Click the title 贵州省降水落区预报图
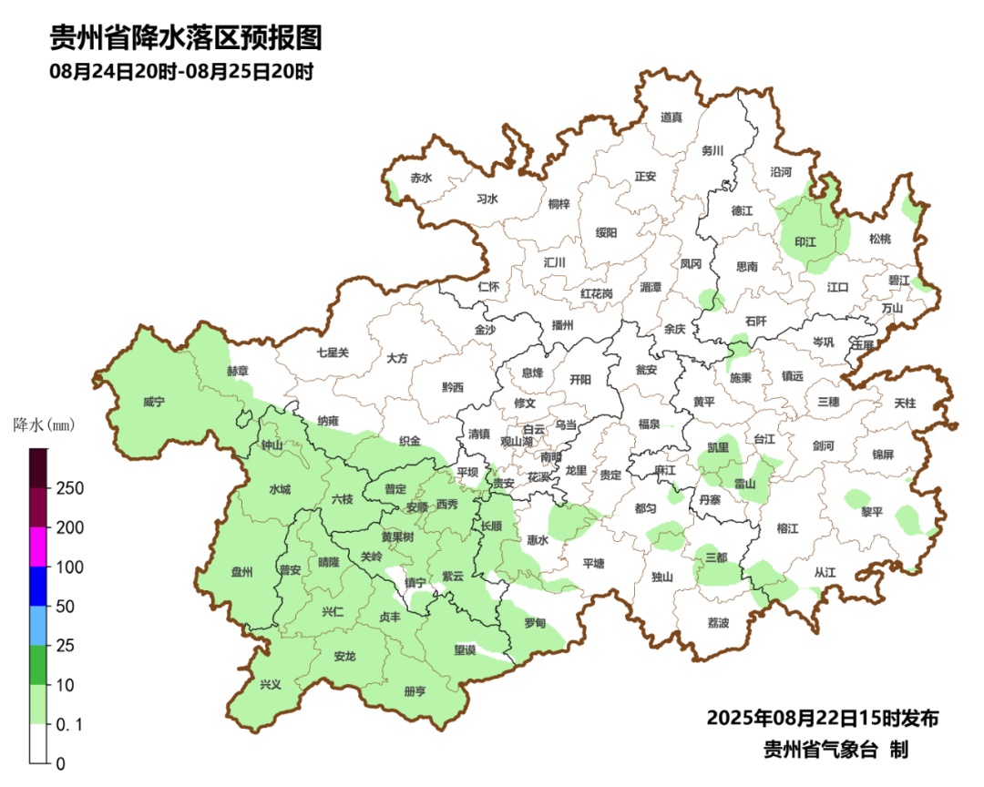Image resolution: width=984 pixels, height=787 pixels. point(186,38)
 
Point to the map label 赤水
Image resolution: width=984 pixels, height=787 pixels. point(421,178)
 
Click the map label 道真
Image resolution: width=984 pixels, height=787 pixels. point(671,117)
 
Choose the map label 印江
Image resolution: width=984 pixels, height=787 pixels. point(805,242)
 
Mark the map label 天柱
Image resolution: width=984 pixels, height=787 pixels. point(905,402)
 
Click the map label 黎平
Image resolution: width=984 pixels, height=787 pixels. point(872,512)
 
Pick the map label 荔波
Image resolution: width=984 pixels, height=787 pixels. point(718,623)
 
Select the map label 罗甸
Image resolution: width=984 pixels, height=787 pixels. point(535,623)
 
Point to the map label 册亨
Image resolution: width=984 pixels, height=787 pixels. point(415,691)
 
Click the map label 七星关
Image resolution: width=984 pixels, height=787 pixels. point(333,352)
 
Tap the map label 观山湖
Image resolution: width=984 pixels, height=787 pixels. point(518,441)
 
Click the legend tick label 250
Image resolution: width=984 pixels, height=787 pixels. point(70,488)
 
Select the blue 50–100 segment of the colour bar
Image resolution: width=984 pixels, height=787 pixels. point(38,586)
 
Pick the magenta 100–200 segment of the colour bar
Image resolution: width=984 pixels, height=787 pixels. point(38,547)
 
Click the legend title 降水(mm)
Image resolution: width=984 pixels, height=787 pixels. point(43,424)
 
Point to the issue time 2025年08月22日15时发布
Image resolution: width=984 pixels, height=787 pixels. point(822,718)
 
